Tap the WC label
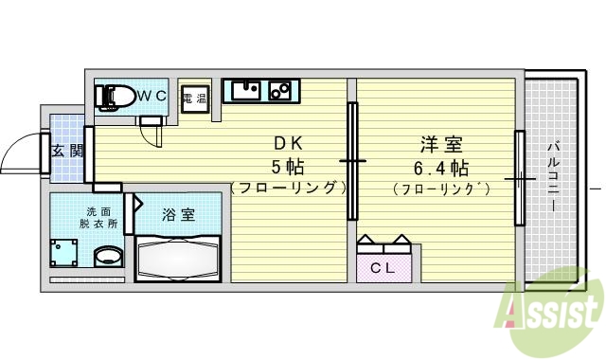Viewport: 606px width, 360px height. click(x=153, y=96)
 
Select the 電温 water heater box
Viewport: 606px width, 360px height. click(x=194, y=99)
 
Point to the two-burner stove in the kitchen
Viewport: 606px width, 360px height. click(x=279, y=92)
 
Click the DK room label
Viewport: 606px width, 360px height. click(x=288, y=145)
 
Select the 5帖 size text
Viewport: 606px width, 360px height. click(x=288, y=167)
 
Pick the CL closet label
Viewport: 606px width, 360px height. click(x=383, y=267)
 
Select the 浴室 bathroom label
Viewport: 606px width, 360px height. click(x=179, y=214)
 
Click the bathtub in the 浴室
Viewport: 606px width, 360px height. click(x=180, y=257)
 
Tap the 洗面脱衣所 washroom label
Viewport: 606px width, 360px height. click(x=100, y=217)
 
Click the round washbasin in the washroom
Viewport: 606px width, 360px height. click(x=109, y=257)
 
